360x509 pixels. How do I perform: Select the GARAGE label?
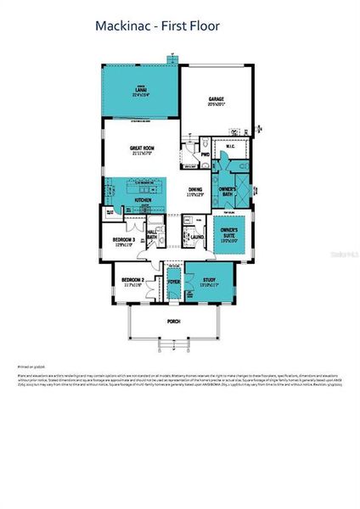pos(217,101)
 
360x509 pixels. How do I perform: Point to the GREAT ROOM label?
pos(141,151)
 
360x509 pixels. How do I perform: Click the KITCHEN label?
pos(143,200)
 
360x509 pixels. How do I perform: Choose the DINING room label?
pos(195,191)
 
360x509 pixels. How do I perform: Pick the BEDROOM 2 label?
pos(132,281)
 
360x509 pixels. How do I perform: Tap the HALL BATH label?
pos(152,235)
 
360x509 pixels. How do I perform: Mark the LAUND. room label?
pos(196,238)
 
